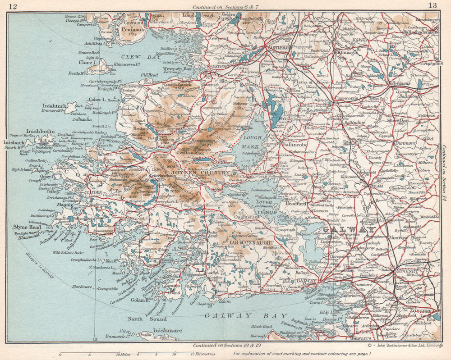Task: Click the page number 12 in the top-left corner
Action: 13,6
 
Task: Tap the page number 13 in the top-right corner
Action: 433,5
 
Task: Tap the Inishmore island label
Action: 167,330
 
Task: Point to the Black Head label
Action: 262,326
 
